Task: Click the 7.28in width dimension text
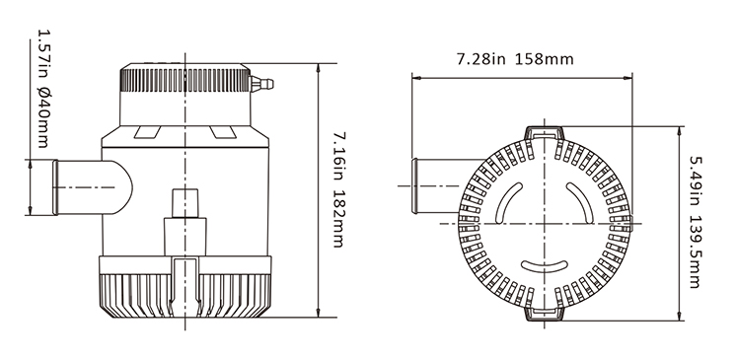point(481,59)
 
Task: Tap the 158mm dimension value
point(545,59)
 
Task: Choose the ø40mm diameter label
point(43,118)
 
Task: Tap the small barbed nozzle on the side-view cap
point(261,84)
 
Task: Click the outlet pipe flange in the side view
point(55,187)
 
